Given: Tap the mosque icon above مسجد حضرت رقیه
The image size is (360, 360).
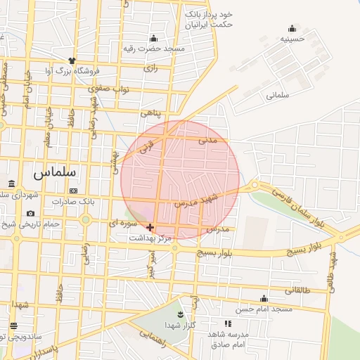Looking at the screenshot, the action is point(154,38).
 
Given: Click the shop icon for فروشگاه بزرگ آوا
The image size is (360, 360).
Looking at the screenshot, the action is point(71,60).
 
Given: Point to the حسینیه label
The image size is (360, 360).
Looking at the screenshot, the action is point(292,39).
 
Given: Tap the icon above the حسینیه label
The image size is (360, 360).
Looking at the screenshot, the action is point(292,29).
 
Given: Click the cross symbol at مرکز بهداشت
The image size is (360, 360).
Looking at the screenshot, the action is point(150,227).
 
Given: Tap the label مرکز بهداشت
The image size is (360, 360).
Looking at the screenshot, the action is point(150,238).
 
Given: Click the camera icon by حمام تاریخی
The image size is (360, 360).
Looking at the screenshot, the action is point(30,213).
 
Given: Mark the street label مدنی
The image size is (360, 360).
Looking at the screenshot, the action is point(219,140).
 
